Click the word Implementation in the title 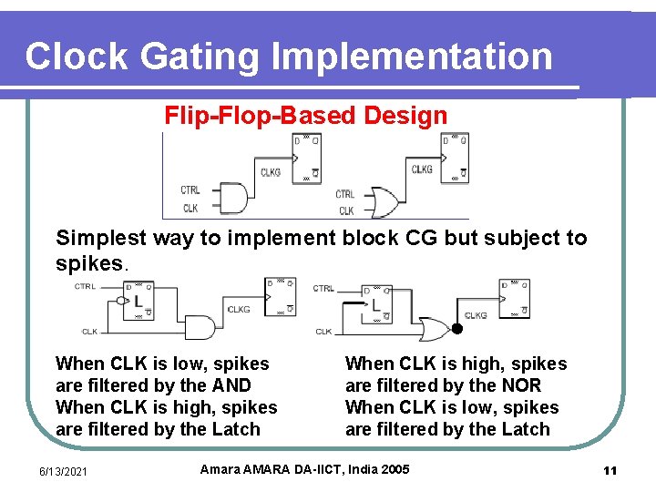pyautogui.click(x=412, y=56)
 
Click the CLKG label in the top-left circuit pyautogui.click(x=271, y=172)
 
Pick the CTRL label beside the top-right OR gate pyautogui.click(x=345, y=194)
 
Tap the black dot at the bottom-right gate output pyautogui.click(x=457, y=328)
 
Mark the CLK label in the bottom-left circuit pyautogui.click(x=90, y=332)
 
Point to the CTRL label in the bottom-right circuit pyautogui.click(x=323, y=288)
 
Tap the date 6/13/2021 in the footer pyautogui.click(x=62, y=470)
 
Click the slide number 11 pyautogui.click(x=610, y=470)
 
